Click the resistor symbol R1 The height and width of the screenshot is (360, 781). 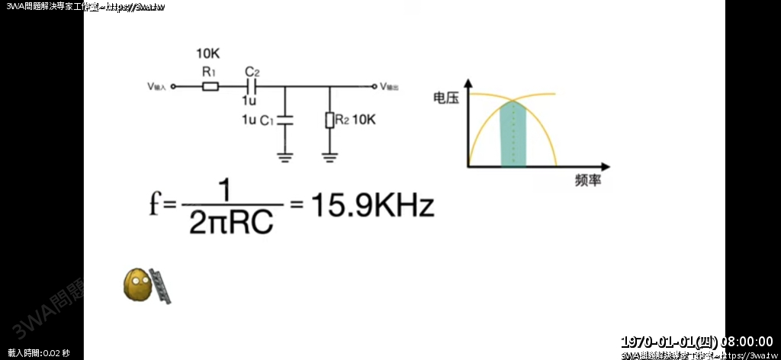pyautogui.click(x=211, y=86)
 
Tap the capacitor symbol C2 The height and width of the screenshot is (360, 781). pyautogui.click(x=250, y=86)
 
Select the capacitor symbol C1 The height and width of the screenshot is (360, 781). pyautogui.click(x=285, y=120)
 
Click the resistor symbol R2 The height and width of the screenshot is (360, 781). pyautogui.click(x=329, y=120)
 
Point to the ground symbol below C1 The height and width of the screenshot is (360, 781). pyautogui.click(x=285, y=157)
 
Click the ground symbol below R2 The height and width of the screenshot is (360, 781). pyautogui.click(x=329, y=157)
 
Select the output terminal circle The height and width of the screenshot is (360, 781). pyautogui.click(x=374, y=86)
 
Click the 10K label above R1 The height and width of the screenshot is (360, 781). pyautogui.click(x=208, y=54)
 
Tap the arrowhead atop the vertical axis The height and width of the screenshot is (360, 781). pyautogui.click(x=468, y=85)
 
